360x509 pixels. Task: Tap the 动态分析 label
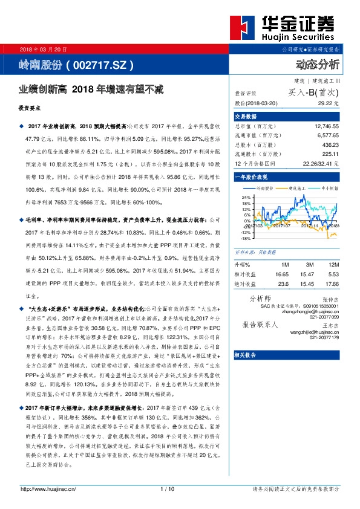[318, 63]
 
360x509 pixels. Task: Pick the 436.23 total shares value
[330, 145]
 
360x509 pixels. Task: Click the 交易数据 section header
[246, 116]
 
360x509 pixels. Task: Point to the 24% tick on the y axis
[245, 197]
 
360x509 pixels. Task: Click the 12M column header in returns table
[332, 265]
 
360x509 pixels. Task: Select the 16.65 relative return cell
[283, 274]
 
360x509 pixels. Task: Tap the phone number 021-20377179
[324, 338]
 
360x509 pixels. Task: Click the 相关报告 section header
[246, 354]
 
